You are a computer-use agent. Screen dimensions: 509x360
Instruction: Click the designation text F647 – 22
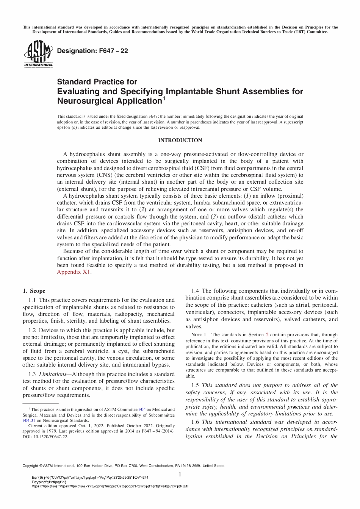[92, 51]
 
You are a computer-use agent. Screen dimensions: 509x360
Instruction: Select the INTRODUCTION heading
[180, 140]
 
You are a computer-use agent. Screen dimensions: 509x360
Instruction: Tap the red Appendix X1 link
[74, 272]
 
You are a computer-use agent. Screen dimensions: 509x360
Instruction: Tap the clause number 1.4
[196, 291]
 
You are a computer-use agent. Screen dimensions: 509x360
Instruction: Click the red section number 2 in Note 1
[267, 335]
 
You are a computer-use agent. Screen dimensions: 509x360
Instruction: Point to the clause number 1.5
[196, 385]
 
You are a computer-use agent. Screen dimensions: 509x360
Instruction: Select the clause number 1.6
[196, 422]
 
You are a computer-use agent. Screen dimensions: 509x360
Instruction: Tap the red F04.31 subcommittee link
[29, 420]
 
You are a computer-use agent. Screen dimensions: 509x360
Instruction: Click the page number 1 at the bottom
[180, 474]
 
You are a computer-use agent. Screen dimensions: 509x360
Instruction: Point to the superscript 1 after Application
[164, 99]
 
